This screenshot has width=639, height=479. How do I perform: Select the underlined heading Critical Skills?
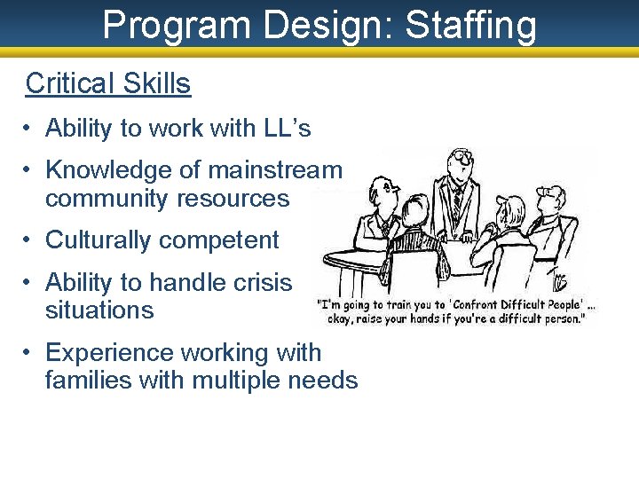[107, 83]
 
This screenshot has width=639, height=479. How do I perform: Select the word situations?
[99, 310]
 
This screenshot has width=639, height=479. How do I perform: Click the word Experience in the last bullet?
[108, 352]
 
